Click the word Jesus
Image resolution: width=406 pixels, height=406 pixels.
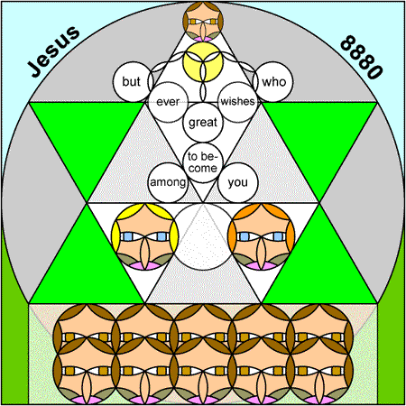(53, 51)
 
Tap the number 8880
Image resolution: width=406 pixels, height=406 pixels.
(361, 58)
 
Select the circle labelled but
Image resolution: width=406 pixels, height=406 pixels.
(133, 81)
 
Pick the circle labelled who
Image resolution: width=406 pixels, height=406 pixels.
(273, 81)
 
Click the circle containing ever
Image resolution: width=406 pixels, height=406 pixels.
(168, 102)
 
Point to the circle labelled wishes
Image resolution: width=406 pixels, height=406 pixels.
(238, 102)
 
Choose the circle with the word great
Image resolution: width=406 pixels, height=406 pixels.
(203, 122)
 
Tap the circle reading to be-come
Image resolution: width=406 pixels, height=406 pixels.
(203, 162)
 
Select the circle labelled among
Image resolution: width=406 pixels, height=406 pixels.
(168, 182)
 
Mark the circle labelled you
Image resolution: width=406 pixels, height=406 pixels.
(238, 182)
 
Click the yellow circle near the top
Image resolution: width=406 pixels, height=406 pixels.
(203, 61)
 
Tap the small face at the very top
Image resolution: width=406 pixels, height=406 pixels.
(203, 22)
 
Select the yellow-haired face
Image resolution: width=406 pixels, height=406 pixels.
(145, 236)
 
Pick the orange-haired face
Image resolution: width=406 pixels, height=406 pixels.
(262, 236)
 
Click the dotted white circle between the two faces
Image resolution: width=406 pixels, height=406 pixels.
(203, 236)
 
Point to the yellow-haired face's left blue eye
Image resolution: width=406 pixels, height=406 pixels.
(128, 236)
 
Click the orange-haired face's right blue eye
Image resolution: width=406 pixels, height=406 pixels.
(278, 236)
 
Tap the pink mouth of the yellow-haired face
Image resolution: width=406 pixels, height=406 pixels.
(145, 265)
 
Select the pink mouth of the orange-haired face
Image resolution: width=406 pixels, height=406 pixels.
(262, 265)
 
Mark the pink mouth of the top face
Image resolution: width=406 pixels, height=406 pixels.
(203, 39)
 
